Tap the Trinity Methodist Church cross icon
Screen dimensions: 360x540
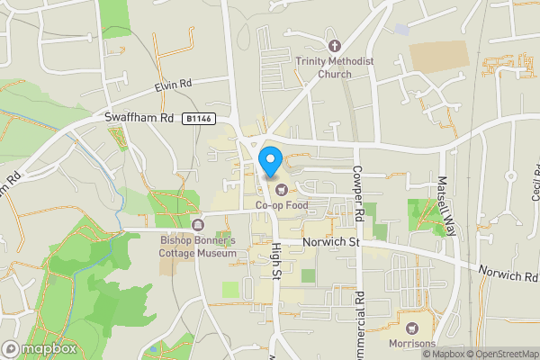(335, 46)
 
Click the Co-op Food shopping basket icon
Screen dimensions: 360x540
(282, 189)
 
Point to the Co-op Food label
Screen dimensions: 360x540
(281, 205)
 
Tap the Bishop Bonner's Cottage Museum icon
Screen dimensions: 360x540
(198, 224)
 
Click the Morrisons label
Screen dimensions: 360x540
(412, 344)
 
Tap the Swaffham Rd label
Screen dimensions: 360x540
(139, 118)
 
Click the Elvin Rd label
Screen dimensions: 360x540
(173, 85)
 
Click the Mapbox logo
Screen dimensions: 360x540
(39, 348)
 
